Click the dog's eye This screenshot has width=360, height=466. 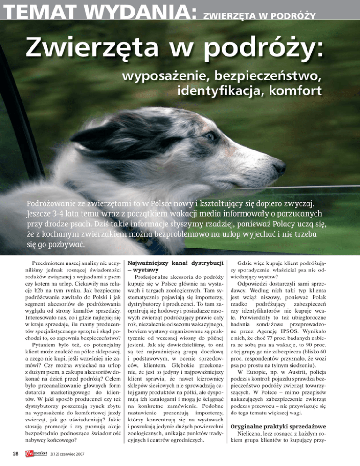point(210,136)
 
